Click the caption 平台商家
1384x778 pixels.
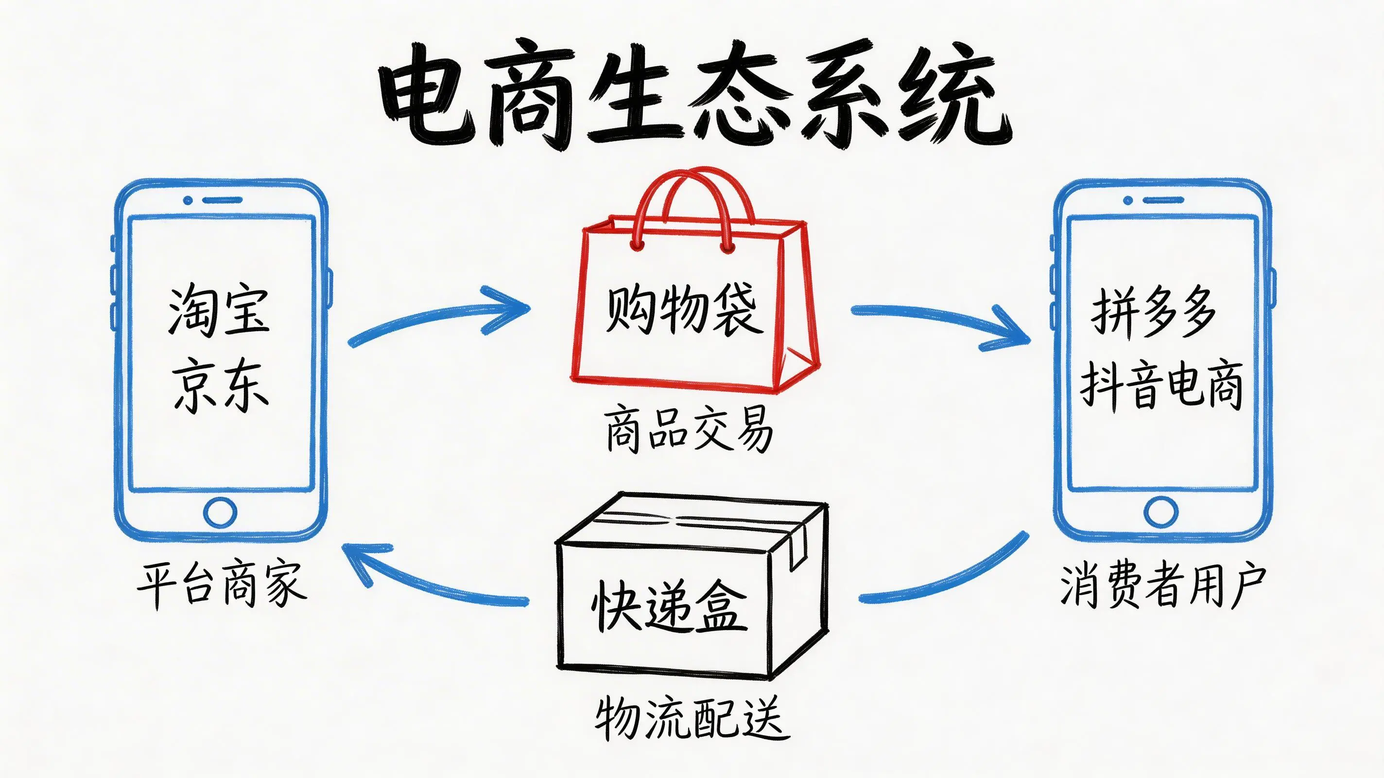pyautogui.click(x=222, y=584)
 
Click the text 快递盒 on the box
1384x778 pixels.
pyautogui.click(x=669, y=606)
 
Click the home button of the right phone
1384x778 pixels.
pyautogui.click(x=1160, y=513)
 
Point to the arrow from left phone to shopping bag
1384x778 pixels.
pyautogui.click(x=441, y=317)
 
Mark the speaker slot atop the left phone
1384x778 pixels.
pyautogui.click(x=222, y=200)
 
